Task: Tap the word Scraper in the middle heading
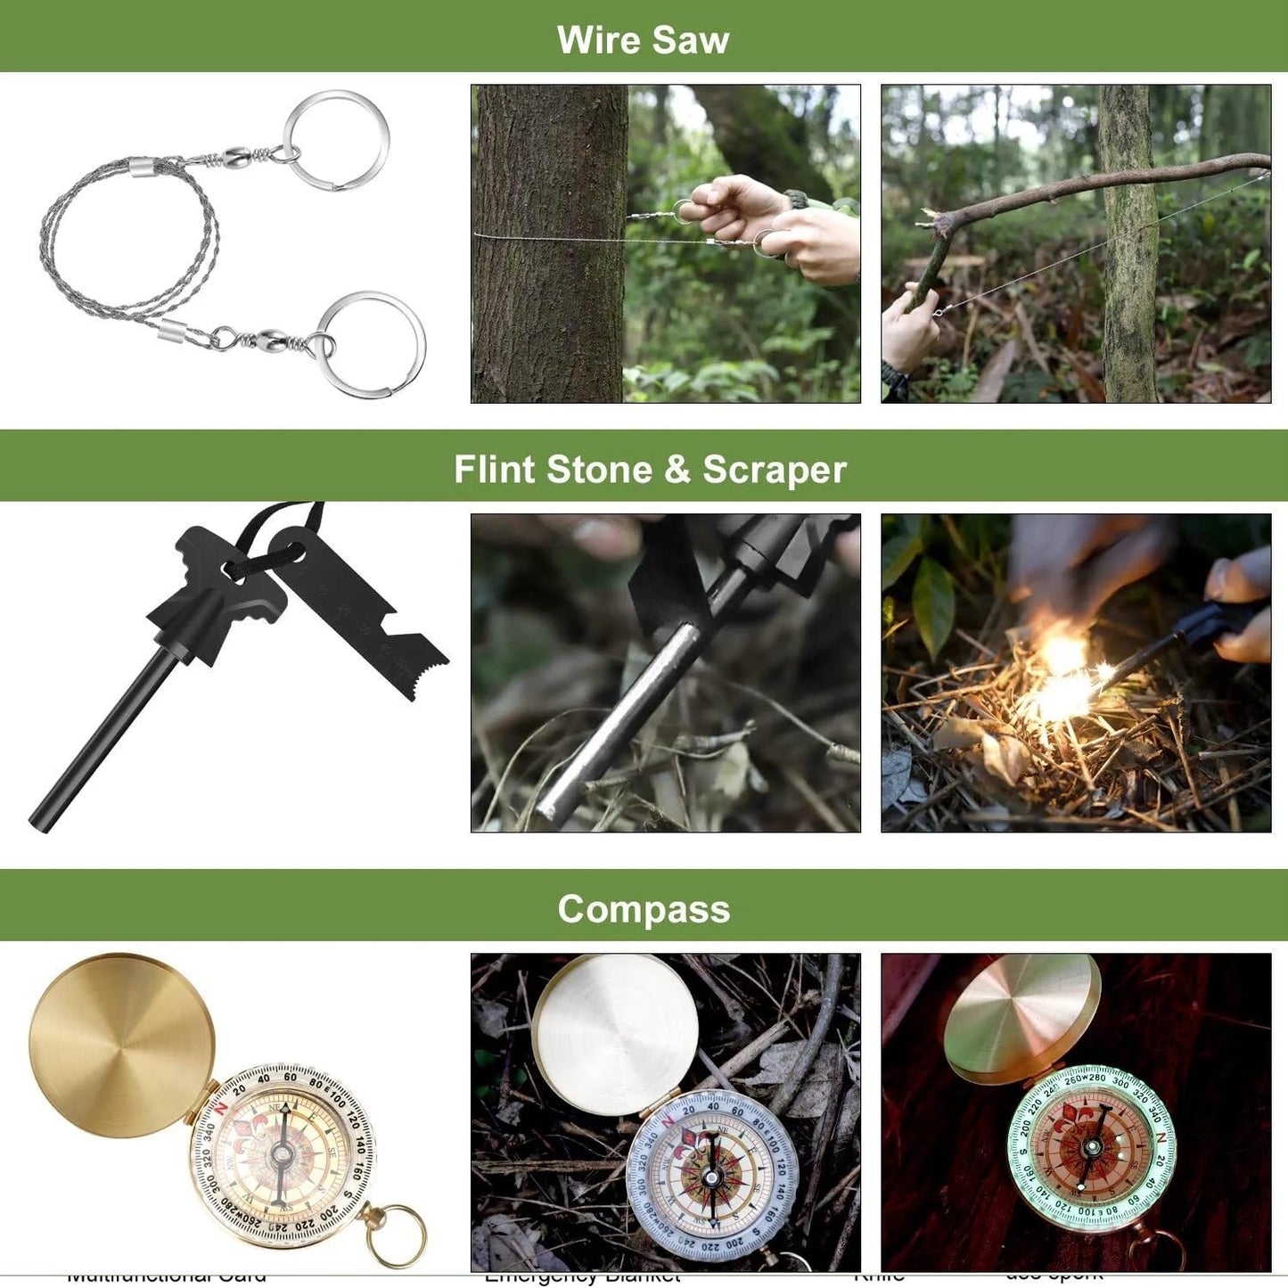774,470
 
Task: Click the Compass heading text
644,909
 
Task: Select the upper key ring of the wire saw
336,139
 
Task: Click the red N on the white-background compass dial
222,1106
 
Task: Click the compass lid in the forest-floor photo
616,1033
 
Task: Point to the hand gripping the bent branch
909,330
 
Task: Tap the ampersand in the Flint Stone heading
677,470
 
